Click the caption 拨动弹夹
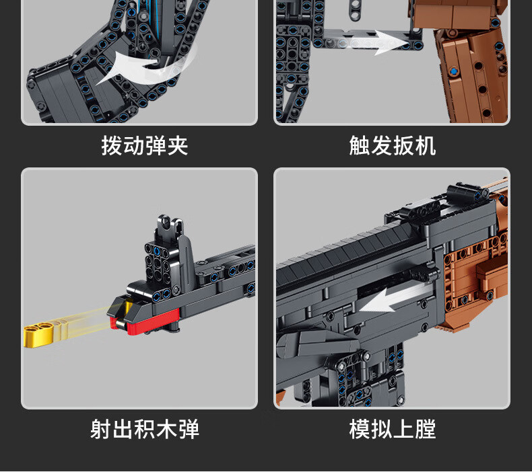[144, 146]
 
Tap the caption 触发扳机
[392, 146]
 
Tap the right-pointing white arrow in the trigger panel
[390, 42]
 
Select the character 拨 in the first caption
[112, 146]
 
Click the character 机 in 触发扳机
[425, 146]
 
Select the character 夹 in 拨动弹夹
[177, 146]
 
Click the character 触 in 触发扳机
[360, 146]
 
